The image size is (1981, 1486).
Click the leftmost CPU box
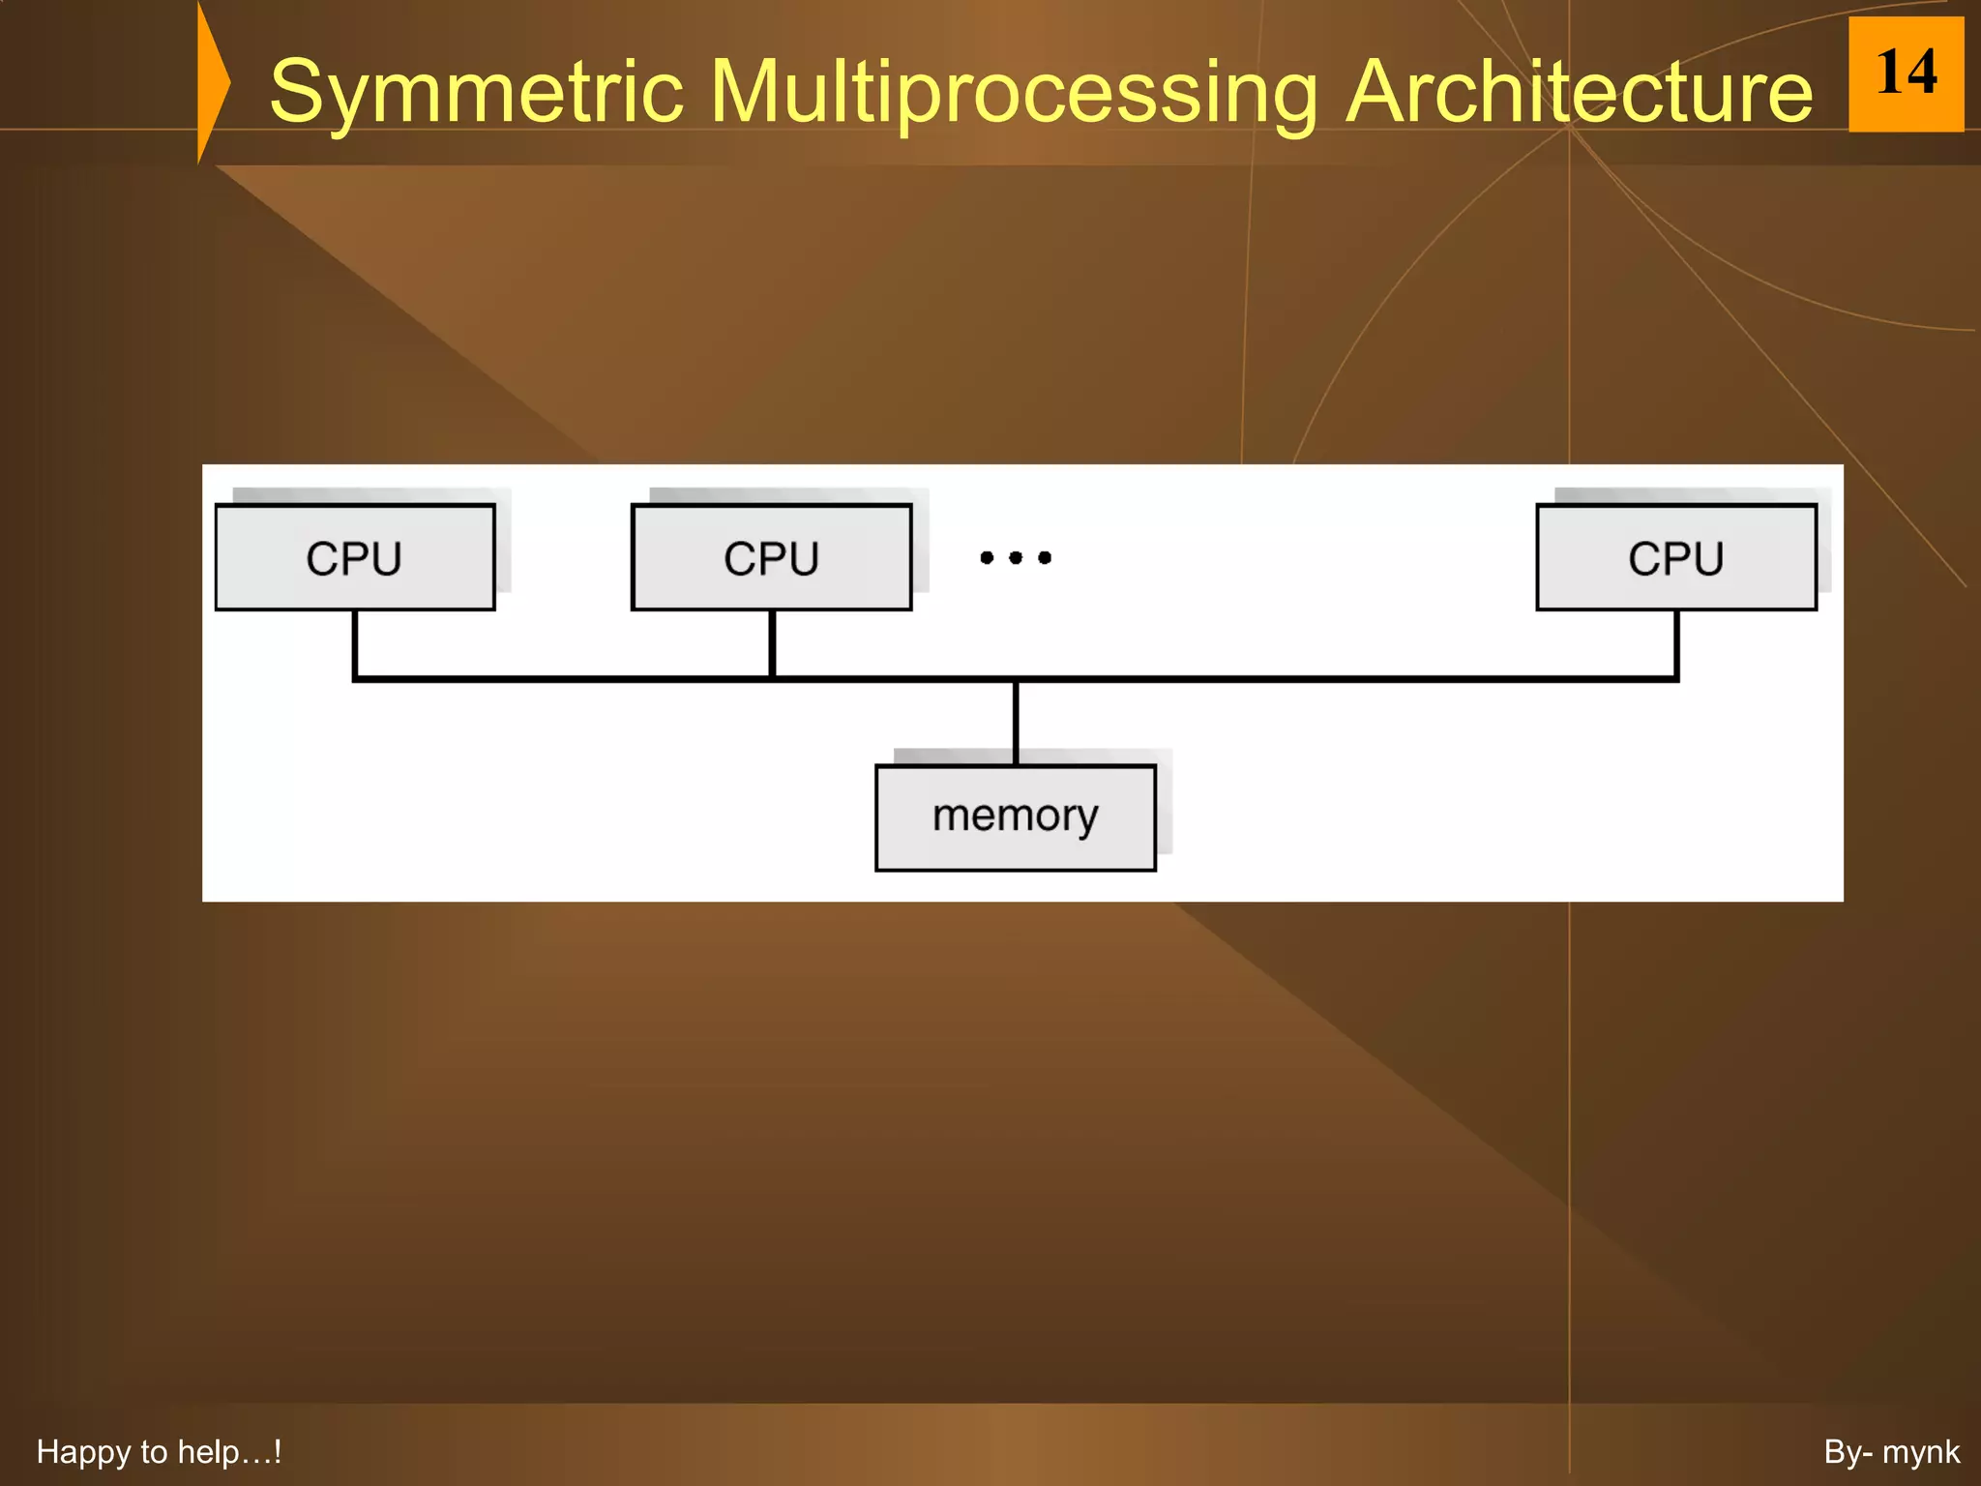(355, 557)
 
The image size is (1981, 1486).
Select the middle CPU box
(771, 557)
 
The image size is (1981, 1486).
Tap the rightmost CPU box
(1676, 557)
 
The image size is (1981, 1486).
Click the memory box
(1016, 818)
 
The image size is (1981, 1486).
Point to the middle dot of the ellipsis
(1016, 557)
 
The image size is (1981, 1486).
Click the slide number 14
(1906, 74)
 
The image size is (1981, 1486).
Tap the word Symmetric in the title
(477, 92)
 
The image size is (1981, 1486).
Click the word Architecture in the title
(1579, 92)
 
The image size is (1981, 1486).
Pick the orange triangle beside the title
(212, 83)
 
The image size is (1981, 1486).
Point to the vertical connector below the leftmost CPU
(355, 643)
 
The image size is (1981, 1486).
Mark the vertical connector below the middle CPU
(772, 643)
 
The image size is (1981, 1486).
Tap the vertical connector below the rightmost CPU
(1676, 643)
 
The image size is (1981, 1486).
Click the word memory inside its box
(1016, 816)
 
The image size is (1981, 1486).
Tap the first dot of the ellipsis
(987, 557)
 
